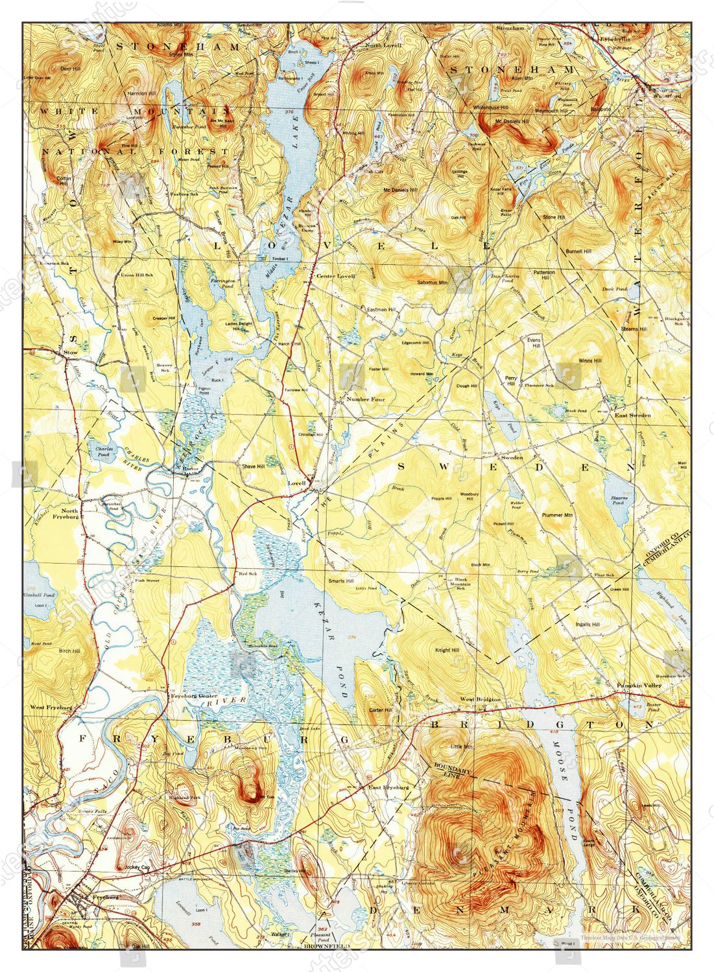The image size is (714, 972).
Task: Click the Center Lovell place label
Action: [x=335, y=275]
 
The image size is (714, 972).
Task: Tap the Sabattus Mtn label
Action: [x=433, y=283]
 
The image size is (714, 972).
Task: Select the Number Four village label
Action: [x=365, y=399]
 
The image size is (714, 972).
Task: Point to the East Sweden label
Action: [x=633, y=415]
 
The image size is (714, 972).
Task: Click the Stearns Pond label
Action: [x=617, y=500]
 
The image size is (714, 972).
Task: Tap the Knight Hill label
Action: [x=447, y=650]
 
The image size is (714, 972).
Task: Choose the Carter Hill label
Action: [x=380, y=710]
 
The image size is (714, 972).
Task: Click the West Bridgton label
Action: [x=480, y=699]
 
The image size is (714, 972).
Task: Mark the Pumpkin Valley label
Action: [x=638, y=685]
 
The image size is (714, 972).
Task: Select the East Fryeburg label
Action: [x=388, y=787]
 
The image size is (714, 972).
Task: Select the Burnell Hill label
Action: [x=578, y=251]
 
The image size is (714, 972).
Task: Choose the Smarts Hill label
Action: [x=340, y=581]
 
